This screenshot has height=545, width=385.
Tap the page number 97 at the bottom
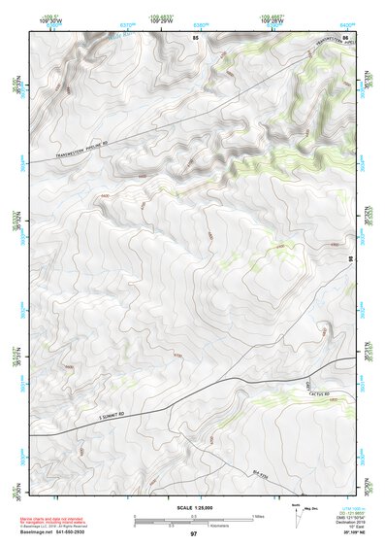[193, 534]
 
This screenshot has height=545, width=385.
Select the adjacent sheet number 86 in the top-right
[345, 36]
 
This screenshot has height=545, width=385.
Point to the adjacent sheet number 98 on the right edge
[350, 259]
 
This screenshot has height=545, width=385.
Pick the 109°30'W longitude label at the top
[49, 20]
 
